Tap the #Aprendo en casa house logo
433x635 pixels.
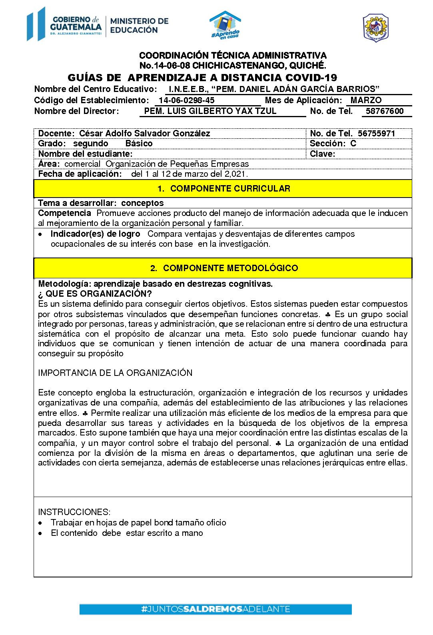(225, 25)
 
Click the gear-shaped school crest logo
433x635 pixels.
(375, 28)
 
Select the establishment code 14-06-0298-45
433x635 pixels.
(186, 100)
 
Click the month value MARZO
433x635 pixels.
(366, 100)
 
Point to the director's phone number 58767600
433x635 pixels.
(385, 111)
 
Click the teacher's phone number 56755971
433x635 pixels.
(376, 134)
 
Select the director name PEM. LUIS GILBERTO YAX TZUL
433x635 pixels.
(210, 111)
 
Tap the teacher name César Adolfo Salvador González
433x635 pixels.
(144, 134)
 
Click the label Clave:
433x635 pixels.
(322, 154)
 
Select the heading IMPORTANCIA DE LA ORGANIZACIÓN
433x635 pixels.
(115, 373)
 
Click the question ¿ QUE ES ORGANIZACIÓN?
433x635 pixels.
(95, 294)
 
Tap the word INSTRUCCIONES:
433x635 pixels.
(74, 512)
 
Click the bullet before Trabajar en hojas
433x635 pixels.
(41, 523)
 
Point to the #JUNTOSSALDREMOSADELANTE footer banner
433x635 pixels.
(216, 609)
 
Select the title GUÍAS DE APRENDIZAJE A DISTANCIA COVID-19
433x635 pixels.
(202, 78)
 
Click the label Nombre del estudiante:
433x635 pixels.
(85, 154)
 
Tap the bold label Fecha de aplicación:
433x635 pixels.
(80, 174)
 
